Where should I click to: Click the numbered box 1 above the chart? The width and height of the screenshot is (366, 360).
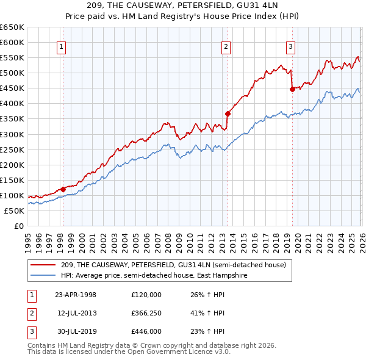click(x=62, y=46)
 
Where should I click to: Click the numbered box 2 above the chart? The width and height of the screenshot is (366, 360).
click(x=226, y=46)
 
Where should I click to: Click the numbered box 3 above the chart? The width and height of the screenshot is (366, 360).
click(x=291, y=46)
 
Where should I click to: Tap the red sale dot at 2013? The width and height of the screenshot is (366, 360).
click(x=228, y=113)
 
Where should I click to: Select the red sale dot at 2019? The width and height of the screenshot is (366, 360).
click(x=292, y=89)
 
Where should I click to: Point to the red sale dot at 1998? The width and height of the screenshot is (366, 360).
click(x=63, y=189)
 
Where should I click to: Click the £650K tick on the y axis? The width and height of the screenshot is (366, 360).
click(x=12, y=27)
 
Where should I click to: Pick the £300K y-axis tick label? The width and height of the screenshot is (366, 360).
click(x=12, y=134)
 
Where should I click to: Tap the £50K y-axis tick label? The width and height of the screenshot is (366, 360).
click(x=15, y=211)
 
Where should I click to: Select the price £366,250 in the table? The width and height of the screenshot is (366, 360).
click(x=146, y=313)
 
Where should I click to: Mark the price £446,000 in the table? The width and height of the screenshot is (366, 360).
click(x=146, y=331)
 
